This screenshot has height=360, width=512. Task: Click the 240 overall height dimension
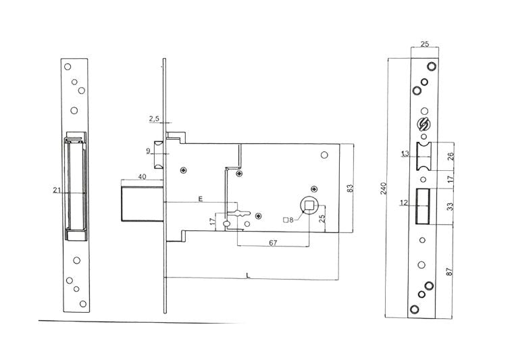click(384, 188)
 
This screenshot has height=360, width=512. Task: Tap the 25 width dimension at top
click(424, 44)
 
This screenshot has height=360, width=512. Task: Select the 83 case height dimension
click(350, 188)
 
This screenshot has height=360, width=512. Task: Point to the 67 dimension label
click(273, 242)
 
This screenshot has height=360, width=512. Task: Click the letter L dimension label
click(248, 276)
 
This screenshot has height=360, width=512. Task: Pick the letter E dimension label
click(201, 199)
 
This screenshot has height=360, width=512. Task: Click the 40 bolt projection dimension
click(142, 177)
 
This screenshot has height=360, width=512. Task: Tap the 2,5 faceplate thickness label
click(154, 119)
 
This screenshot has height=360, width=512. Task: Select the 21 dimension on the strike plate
click(57, 190)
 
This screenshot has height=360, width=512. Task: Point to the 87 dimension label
click(450, 272)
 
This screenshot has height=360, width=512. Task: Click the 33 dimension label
click(451, 207)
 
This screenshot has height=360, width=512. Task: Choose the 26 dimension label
click(451, 156)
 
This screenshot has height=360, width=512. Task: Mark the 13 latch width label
click(405, 153)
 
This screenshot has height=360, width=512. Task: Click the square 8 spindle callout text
click(288, 220)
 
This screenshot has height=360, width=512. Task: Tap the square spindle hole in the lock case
click(309, 205)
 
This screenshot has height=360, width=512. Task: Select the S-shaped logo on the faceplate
click(424, 124)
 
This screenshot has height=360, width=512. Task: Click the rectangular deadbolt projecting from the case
click(143, 204)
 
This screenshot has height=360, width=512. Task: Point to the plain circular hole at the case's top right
click(324, 155)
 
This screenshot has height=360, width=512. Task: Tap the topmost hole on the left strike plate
click(68, 67)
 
